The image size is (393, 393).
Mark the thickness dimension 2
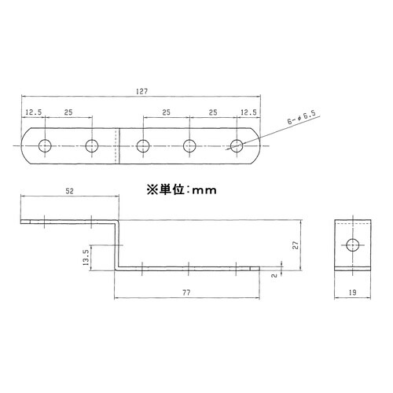coord(273,275)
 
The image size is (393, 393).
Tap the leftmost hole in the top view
coord(45,145)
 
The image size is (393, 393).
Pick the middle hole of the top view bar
coord(142,145)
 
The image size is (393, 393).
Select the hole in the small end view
coord(351,245)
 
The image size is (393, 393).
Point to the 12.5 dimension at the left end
coord(33,112)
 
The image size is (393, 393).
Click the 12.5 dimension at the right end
coord(249,112)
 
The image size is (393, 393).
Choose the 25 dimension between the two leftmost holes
coord(68,112)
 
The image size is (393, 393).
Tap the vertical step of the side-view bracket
coord(115,245)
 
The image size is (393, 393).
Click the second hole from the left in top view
coord(93,145)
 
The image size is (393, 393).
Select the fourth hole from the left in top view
coord(189,145)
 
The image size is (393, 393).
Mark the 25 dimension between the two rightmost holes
coord(214,112)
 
